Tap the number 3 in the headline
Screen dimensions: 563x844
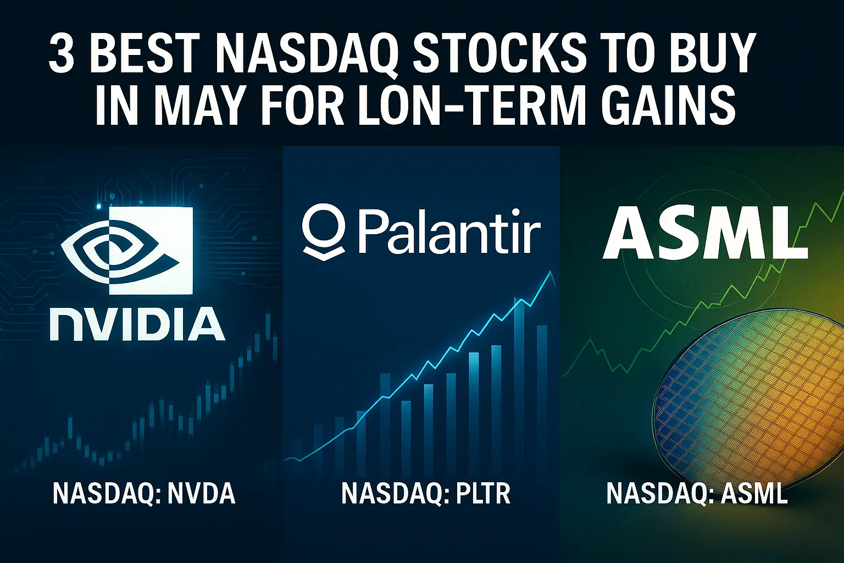click(62, 54)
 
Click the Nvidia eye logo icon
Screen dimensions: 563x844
click(127, 251)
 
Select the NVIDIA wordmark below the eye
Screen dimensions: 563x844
click(137, 324)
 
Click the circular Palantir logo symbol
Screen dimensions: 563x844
click(324, 230)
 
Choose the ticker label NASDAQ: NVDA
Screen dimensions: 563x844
click(144, 493)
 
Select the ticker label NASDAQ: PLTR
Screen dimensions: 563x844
click(426, 493)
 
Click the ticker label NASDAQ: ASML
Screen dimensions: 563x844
click(697, 493)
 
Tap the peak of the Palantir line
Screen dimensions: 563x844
click(551, 272)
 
